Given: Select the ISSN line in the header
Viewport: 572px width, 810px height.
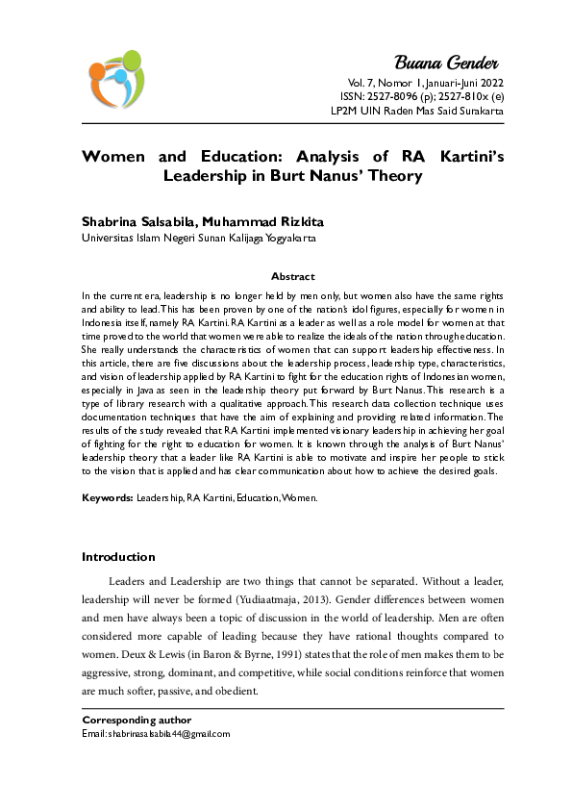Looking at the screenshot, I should pyautogui.click(x=421, y=96).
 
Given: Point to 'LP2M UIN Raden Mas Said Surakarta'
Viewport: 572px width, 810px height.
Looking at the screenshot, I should pyautogui.click(x=415, y=111).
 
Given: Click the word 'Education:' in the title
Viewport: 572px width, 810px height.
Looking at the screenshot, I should pyautogui.click(x=241, y=157).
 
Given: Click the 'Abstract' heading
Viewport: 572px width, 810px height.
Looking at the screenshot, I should pyautogui.click(x=292, y=276).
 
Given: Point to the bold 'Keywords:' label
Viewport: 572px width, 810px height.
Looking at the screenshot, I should pyautogui.click(x=107, y=498).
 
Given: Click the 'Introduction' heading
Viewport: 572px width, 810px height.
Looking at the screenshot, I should pyautogui.click(x=118, y=557).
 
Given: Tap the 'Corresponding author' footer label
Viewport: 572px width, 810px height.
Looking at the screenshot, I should pyautogui.click(x=137, y=720).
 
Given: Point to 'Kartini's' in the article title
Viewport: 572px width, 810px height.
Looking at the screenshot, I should pyautogui.click(x=453, y=157).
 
